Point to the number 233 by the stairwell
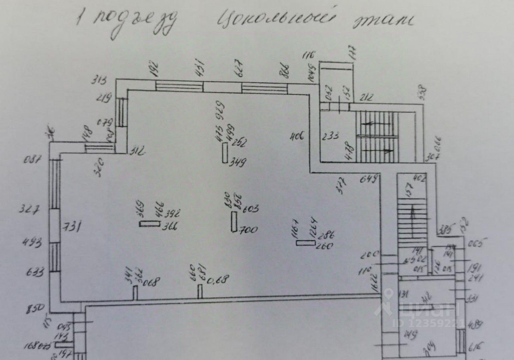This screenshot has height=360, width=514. (331, 137)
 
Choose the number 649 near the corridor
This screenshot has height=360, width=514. (371, 179)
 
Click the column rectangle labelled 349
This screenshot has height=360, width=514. (225, 153)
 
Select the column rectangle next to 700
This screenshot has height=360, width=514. (234, 221)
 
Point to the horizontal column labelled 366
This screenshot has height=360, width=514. (149, 223)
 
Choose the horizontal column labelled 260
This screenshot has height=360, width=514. (305, 243)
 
